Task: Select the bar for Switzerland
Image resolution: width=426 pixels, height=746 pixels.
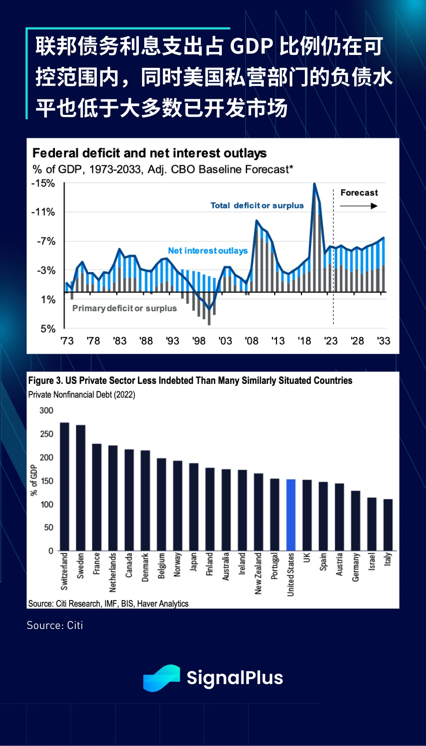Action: (x=64, y=486)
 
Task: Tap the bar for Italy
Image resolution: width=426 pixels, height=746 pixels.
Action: (x=388, y=525)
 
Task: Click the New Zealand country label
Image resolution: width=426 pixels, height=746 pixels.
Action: (x=258, y=573)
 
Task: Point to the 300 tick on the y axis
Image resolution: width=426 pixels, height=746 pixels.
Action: (x=46, y=410)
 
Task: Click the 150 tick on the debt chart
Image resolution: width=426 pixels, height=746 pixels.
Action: (x=46, y=481)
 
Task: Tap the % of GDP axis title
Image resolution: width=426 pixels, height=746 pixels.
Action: (x=34, y=480)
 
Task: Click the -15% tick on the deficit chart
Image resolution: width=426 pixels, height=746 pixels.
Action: (x=43, y=184)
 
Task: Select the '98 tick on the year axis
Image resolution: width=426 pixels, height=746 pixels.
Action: (x=199, y=341)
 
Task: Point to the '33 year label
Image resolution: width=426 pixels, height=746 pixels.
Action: (x=383, y=341)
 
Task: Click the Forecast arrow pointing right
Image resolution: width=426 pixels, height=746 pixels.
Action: (x=359, y=206)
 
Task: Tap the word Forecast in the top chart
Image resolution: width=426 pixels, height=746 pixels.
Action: (x=359, y=193)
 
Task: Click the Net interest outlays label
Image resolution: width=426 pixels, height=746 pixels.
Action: (x=208, y=251)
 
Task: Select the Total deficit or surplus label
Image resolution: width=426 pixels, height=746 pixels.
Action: (x=257, y=206)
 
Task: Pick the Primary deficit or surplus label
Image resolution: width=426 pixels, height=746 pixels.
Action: (x=124, y=309)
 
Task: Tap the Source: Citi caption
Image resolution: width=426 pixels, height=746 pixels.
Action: (x=55, y=625)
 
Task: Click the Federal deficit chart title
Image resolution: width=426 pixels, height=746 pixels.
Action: (x=150, y=153)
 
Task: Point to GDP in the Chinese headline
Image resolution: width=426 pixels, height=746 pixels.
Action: (x=252, y=47)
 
